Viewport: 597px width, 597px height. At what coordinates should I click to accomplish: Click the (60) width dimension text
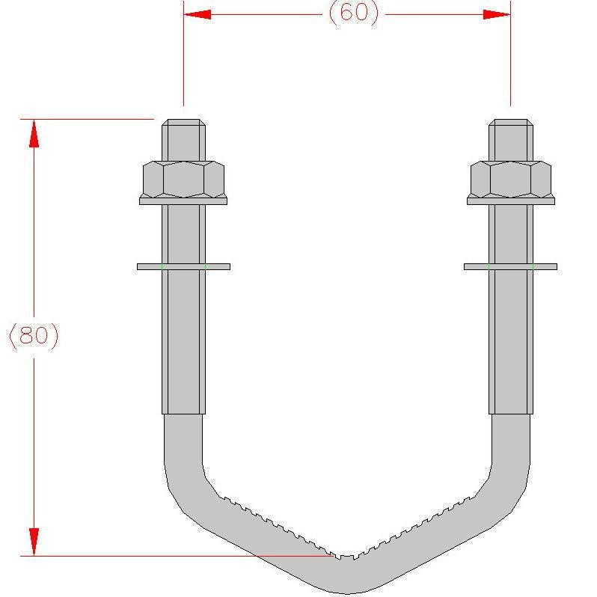pyautogui.click(x=353, y=14)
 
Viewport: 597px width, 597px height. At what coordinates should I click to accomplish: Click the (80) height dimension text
pyautogui.click(x=34, y=335)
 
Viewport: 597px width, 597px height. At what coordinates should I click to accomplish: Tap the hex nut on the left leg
pyautogui.click(x=183, y=179)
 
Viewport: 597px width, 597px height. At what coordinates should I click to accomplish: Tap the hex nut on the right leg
pyautogui.click(x=511, y=179)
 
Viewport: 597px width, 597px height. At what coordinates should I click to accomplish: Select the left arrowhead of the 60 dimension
pyautogui.click(x=197, y=14)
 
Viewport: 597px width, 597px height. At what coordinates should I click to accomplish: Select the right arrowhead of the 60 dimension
pyautogui.click(x=497, y=14)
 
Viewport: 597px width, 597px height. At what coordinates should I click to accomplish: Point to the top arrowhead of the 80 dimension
pyautogui.click(x=34, y=133)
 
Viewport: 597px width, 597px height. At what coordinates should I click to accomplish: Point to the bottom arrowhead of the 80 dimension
pyautogui.click(x=34, y=542)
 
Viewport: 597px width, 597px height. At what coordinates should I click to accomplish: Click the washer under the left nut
pyautogui.click(x=183, y=200)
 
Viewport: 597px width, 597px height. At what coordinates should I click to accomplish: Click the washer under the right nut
pyautogui.click(x=511, y=200)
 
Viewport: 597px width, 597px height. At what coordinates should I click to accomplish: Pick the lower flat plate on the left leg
pyautogui.click(x=183, y=266)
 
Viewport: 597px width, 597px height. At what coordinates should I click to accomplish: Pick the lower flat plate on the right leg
pyautogui.click(x=511, y=266)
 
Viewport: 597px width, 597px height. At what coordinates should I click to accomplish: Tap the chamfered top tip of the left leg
pyautogui.click(x=183, y=123)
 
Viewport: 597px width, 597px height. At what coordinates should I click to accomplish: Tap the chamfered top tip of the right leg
pyautogui.click(x=511, y=123)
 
